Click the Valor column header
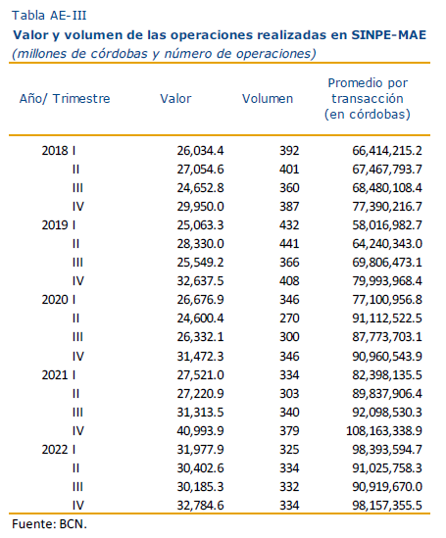coord(175,98)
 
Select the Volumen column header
coord(268,98)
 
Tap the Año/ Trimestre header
coord(65,98)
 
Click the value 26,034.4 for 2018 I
coord(200,151)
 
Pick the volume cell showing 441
coord(289,244)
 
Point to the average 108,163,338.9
coord(384,430)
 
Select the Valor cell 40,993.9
coord(200,430)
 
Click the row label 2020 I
coord(59,300)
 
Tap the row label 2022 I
coord(59,449)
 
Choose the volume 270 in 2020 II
coord(289,318)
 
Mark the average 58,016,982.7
coord(387,225)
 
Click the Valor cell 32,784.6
coord(200,505)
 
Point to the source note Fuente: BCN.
coord(49,524)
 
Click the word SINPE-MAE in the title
coord(389,35)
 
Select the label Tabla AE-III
coord(49,16)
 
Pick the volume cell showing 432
coord(289,225)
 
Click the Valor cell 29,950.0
coord(200,207)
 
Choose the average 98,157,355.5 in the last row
coord(387,505)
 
